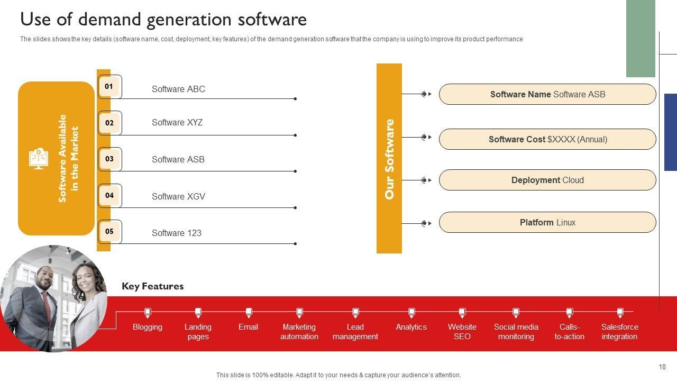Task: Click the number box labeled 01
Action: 109,86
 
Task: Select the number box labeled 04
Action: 109,196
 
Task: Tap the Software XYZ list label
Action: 177,122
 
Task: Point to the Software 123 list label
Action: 177,233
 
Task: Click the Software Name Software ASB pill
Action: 547,94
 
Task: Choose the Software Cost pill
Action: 547,139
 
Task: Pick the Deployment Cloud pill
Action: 547,180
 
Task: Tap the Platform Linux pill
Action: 547,222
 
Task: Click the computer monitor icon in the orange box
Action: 39,158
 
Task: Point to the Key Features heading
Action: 153,286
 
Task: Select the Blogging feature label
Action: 148,327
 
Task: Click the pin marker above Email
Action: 249,313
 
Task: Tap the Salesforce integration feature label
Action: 619,332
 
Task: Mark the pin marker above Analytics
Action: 411,313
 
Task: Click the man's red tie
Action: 47,306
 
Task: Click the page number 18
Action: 662,367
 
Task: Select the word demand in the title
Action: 109,20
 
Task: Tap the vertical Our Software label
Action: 389,159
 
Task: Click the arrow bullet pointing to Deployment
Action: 426,180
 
